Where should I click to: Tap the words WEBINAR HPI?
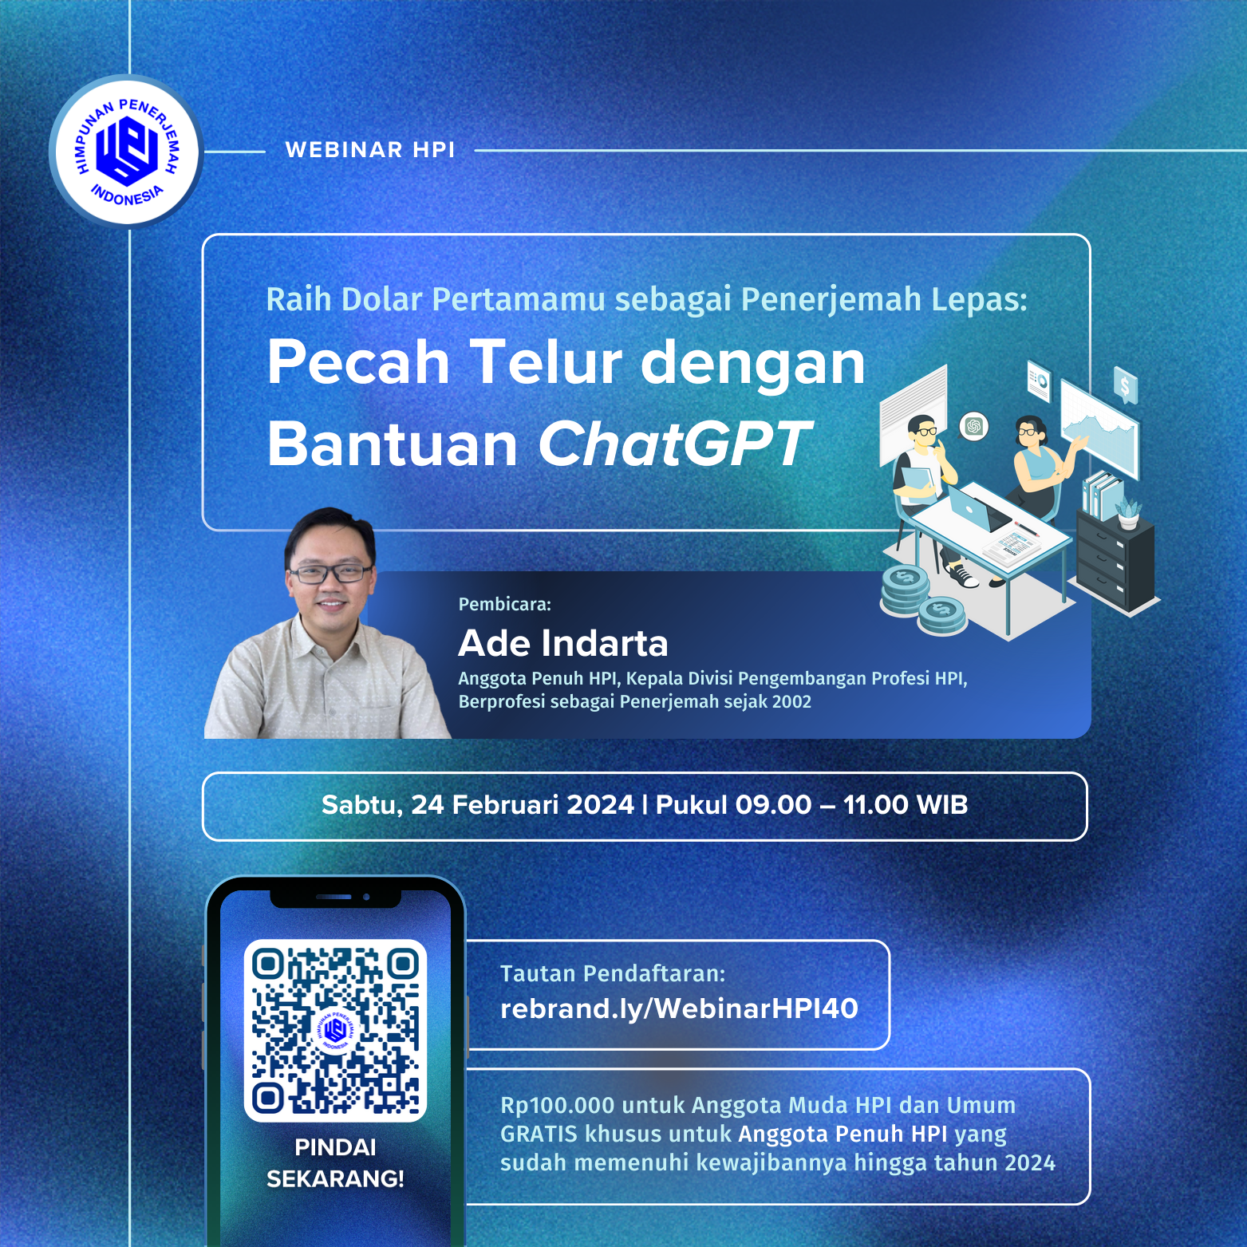[370, 150]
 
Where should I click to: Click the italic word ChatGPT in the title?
[674, 444]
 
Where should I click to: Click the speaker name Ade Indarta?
[563, 643]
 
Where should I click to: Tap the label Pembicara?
[504, 604]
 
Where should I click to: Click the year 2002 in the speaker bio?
[791, 702]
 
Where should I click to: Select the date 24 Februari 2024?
[523, 804]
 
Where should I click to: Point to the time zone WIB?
[942, 804]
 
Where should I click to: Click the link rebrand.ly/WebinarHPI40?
[679, 1009]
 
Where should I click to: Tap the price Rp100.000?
[558, 1106]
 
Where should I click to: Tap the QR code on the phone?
[335, 1031]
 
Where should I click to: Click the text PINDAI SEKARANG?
[335, 1162]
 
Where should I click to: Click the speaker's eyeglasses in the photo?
[330, 573]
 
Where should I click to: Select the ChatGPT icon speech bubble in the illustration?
[973, 426]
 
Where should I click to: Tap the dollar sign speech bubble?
[1125, 387]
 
